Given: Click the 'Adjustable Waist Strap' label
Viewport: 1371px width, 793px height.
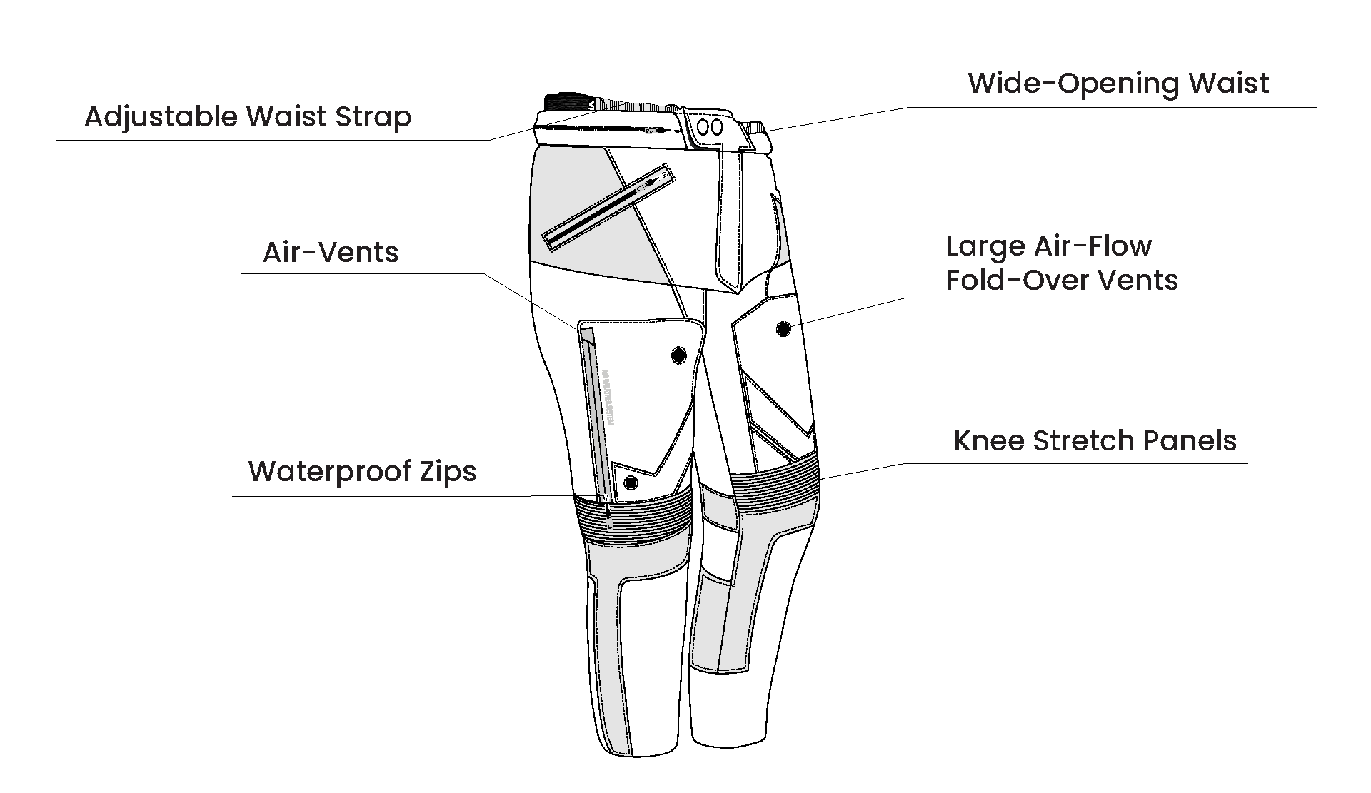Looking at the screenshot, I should click(x=248, y=117).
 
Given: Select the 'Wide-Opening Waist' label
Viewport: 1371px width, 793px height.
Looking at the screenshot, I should click(x=1118, y=84).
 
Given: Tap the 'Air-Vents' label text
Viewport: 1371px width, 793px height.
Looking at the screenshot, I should click(x=331, y=253).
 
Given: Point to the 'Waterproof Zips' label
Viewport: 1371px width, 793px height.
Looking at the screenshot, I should click(x=362, y=472).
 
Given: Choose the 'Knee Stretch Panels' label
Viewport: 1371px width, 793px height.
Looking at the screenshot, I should click(x=1095, y=440).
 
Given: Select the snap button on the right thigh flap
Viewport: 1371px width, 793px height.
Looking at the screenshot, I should click(x=783, y=328).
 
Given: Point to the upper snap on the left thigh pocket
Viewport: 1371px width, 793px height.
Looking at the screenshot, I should click(x=678, y=355).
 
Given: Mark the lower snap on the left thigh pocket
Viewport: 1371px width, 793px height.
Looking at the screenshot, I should click(x=631, y=483).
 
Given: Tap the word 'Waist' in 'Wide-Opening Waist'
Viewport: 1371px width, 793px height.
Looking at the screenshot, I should click(x=1228, y=84).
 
